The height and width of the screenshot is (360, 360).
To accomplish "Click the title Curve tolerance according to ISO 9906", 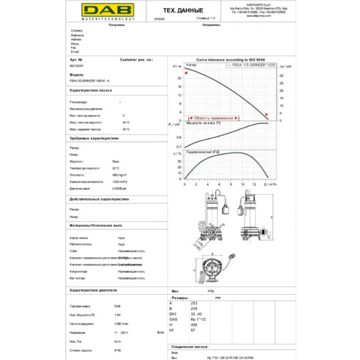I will tap(230, 60).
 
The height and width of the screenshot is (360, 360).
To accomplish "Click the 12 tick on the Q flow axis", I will tap(254, 184).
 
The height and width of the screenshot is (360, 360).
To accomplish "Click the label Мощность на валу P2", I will tap(204, 123).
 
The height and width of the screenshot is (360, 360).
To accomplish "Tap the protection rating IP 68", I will tap(117, 350).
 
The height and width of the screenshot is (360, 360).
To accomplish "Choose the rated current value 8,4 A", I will tap(117, 341).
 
